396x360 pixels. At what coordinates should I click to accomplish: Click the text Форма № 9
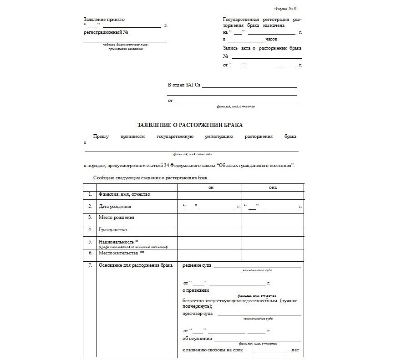tap(286, 9)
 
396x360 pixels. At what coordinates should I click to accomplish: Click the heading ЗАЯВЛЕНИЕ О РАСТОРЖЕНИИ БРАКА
tap(190, 125)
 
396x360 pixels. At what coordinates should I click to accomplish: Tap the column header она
tap(273, 188)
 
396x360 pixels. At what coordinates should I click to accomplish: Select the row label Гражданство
tap(113, 229)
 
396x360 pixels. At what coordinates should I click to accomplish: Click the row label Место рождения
tap(117, 218)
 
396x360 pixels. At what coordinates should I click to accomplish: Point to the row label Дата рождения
tap(115, 206)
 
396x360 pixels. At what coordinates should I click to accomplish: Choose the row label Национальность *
tap(118, 242)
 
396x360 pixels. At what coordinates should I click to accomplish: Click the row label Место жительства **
tap(122, 253)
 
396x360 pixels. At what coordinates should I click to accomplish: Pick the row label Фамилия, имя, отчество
tap(124, 194)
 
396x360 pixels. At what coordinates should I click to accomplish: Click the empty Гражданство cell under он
tap(209, 230)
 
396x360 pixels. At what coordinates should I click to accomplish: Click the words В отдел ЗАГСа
tap(184, 85)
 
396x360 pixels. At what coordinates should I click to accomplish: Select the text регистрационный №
tap(106, 32)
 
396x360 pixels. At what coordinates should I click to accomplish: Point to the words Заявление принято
tap(104, 20)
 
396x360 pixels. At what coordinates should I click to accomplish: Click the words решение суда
tap(197, 265)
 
